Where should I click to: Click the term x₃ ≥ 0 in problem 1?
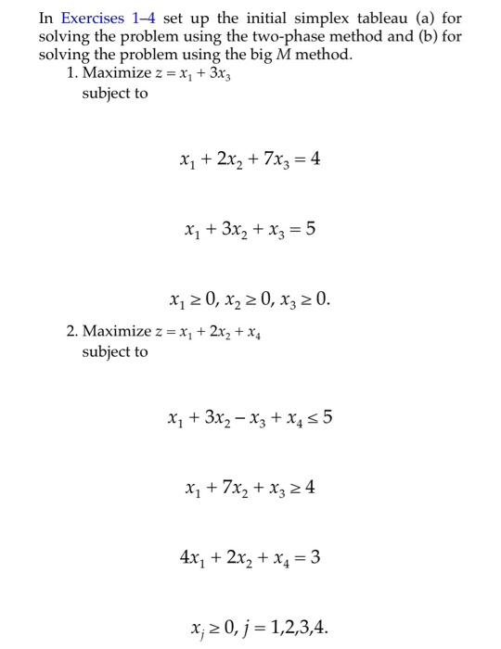pos(302,299)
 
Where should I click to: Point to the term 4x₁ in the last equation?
pos(191,558)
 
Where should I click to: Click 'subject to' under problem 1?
pos(114,94)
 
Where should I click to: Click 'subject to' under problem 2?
pos(114,351)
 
